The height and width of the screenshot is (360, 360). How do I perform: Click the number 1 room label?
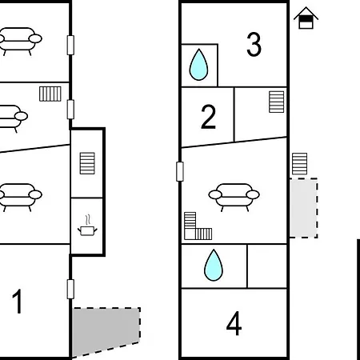(x=18, y=301)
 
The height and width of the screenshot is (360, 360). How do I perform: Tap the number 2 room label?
(x=208, y=117)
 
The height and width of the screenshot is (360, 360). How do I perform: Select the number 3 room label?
(x=254, y=44)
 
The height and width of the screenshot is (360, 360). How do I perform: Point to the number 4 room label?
(x=234, y=323)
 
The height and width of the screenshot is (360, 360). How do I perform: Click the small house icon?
(x=306, y=18)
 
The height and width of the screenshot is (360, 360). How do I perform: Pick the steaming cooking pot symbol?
(x=87, y=226)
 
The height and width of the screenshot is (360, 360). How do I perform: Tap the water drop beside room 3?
(x=198, y=65)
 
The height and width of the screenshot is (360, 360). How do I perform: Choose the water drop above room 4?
(x=214, y=265)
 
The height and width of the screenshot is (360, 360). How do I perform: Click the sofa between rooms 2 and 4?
(x=234, y=197)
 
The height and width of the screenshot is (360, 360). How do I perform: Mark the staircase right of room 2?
(x=277, y=102)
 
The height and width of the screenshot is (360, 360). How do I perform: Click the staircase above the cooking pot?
(x=87, y=163)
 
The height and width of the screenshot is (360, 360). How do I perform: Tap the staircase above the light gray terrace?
(x=300, y=164)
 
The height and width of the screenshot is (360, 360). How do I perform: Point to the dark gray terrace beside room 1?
(x=106, y=330)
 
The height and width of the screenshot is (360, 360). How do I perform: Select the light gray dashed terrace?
(x=304, y=208)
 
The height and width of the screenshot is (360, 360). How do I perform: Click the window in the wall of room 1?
(x=70, y=289)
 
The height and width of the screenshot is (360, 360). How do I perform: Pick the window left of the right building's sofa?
(x=180, y=171)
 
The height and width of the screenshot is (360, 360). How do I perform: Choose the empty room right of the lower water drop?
(x=267, y=266)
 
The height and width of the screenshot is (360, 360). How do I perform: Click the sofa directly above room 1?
(x=19, y=197)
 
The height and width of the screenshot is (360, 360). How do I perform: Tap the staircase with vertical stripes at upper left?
(x=50, y=94)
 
